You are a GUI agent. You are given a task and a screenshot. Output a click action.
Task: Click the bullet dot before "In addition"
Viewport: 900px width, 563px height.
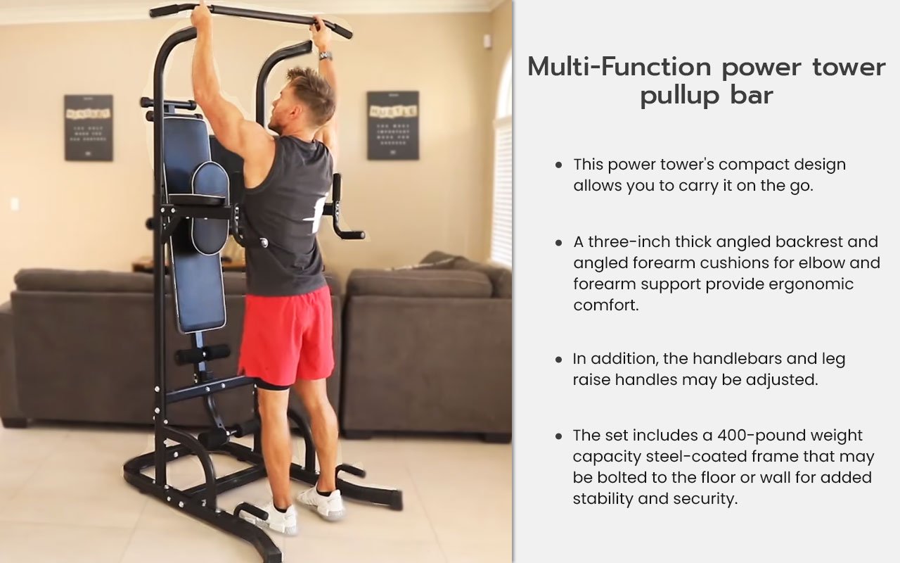tap(558, 359)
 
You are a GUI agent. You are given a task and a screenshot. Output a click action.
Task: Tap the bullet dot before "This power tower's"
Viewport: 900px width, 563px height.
tap(558, 165)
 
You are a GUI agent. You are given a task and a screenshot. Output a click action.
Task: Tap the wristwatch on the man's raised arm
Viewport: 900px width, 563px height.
tap(325, 55)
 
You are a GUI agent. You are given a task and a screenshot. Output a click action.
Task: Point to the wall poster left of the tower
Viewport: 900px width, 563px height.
tap(88, 127)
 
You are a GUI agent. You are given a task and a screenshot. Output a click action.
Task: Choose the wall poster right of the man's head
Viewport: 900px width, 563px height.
tap(392, 125)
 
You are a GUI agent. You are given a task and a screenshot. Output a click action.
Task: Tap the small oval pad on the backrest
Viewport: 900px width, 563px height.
tap(210, 208)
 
